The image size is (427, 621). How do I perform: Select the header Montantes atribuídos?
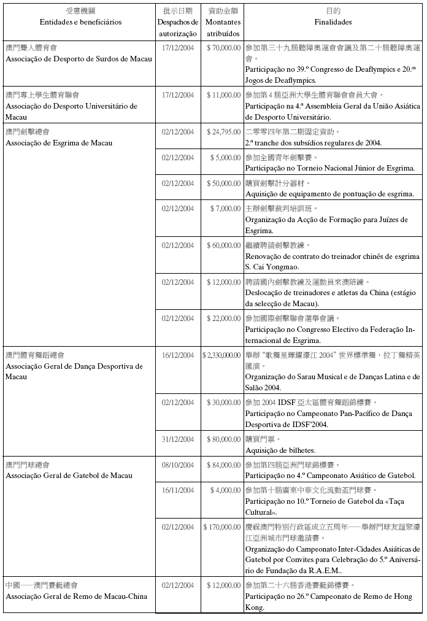pos(223,28)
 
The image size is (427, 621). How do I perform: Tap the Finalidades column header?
pos(333,22)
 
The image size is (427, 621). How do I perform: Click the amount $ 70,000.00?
pos(223,47)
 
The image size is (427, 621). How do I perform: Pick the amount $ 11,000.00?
pos(223,95)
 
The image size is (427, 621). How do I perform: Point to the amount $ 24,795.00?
pos(223,132)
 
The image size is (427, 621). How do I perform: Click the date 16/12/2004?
pos(178,355)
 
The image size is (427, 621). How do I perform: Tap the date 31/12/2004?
pos(178,439)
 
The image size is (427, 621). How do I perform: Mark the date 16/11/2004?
pos(178,490)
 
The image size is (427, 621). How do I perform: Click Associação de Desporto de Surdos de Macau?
pos(79,59)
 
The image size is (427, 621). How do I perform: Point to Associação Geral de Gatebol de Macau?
pos(67,476)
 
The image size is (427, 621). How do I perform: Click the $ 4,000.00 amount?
pos(225,490)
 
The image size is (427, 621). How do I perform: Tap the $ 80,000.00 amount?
pos(223,439)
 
